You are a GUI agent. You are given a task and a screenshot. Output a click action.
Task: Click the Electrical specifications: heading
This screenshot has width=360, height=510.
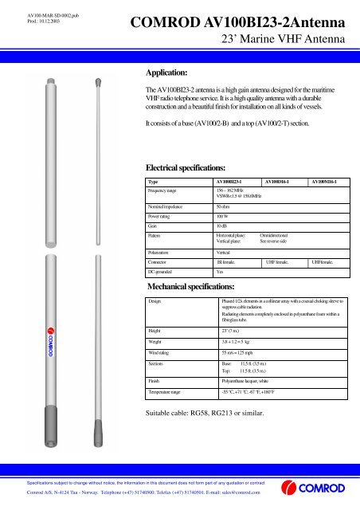point(188,167)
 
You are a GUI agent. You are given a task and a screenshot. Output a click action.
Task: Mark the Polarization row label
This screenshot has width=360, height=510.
point(162,250)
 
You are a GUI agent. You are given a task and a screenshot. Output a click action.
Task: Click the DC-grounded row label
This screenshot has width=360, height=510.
point(163,271)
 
